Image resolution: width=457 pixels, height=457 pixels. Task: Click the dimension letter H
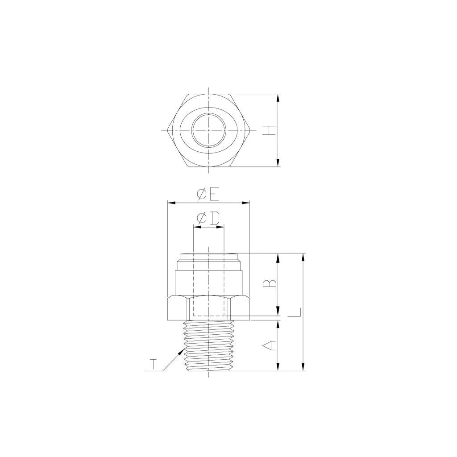click(x=269, y=130)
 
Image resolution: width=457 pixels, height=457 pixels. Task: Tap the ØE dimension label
click(x=208, y=195)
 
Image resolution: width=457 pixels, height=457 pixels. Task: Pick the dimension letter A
click(x=269, y=345)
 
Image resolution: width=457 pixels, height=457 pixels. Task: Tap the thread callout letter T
click(x=153, y=365)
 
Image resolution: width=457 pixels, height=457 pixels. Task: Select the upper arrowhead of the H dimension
click(x=278, y=98)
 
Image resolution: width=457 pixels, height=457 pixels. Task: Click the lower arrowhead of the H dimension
click(x=278, y=162)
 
